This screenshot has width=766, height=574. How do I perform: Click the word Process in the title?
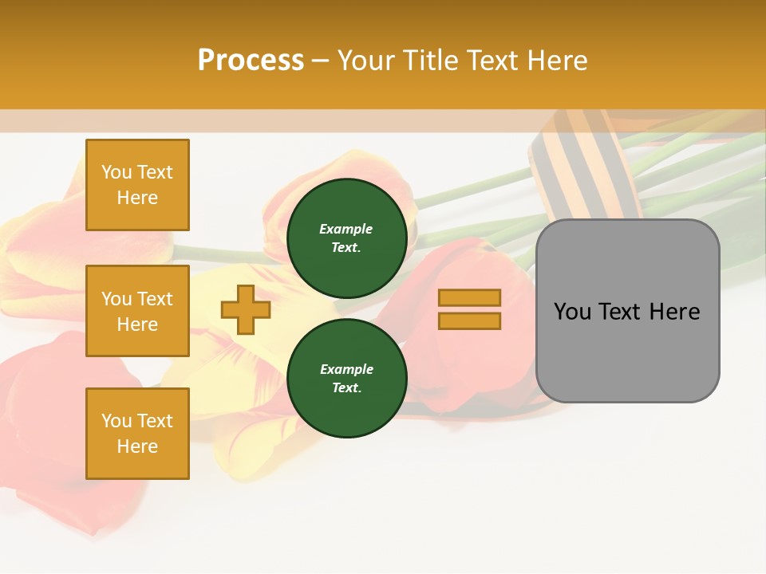(x=251, y=61)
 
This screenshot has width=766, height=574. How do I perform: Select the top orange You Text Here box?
(x=137, y=185)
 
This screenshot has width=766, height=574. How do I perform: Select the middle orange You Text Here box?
(x=137, y=311)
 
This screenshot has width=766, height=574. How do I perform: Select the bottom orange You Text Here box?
(x=137, y=434)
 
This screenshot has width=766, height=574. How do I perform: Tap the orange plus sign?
(x=245, y=309)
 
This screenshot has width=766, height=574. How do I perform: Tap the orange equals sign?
(x=469, y=309)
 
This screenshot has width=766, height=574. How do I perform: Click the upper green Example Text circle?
(x=346, y=238)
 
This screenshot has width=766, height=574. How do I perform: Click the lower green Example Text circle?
(x=346, y=378)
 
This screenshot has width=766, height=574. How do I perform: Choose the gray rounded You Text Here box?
(x=627, y=311)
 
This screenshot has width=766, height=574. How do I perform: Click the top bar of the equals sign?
(x=469, y=298)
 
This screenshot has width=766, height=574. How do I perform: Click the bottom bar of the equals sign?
(x=469, y=320)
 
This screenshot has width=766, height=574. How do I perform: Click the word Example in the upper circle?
(x=346, y=229)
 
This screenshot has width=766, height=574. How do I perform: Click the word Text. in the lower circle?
(x=346, y=387)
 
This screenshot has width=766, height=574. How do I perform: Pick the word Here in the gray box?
(x=675, y=312)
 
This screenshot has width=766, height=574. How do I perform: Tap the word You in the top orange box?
(x=116, y=172)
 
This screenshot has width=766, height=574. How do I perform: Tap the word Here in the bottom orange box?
(x=137, y=446)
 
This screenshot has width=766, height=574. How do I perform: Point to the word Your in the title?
(x=367, y=61)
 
